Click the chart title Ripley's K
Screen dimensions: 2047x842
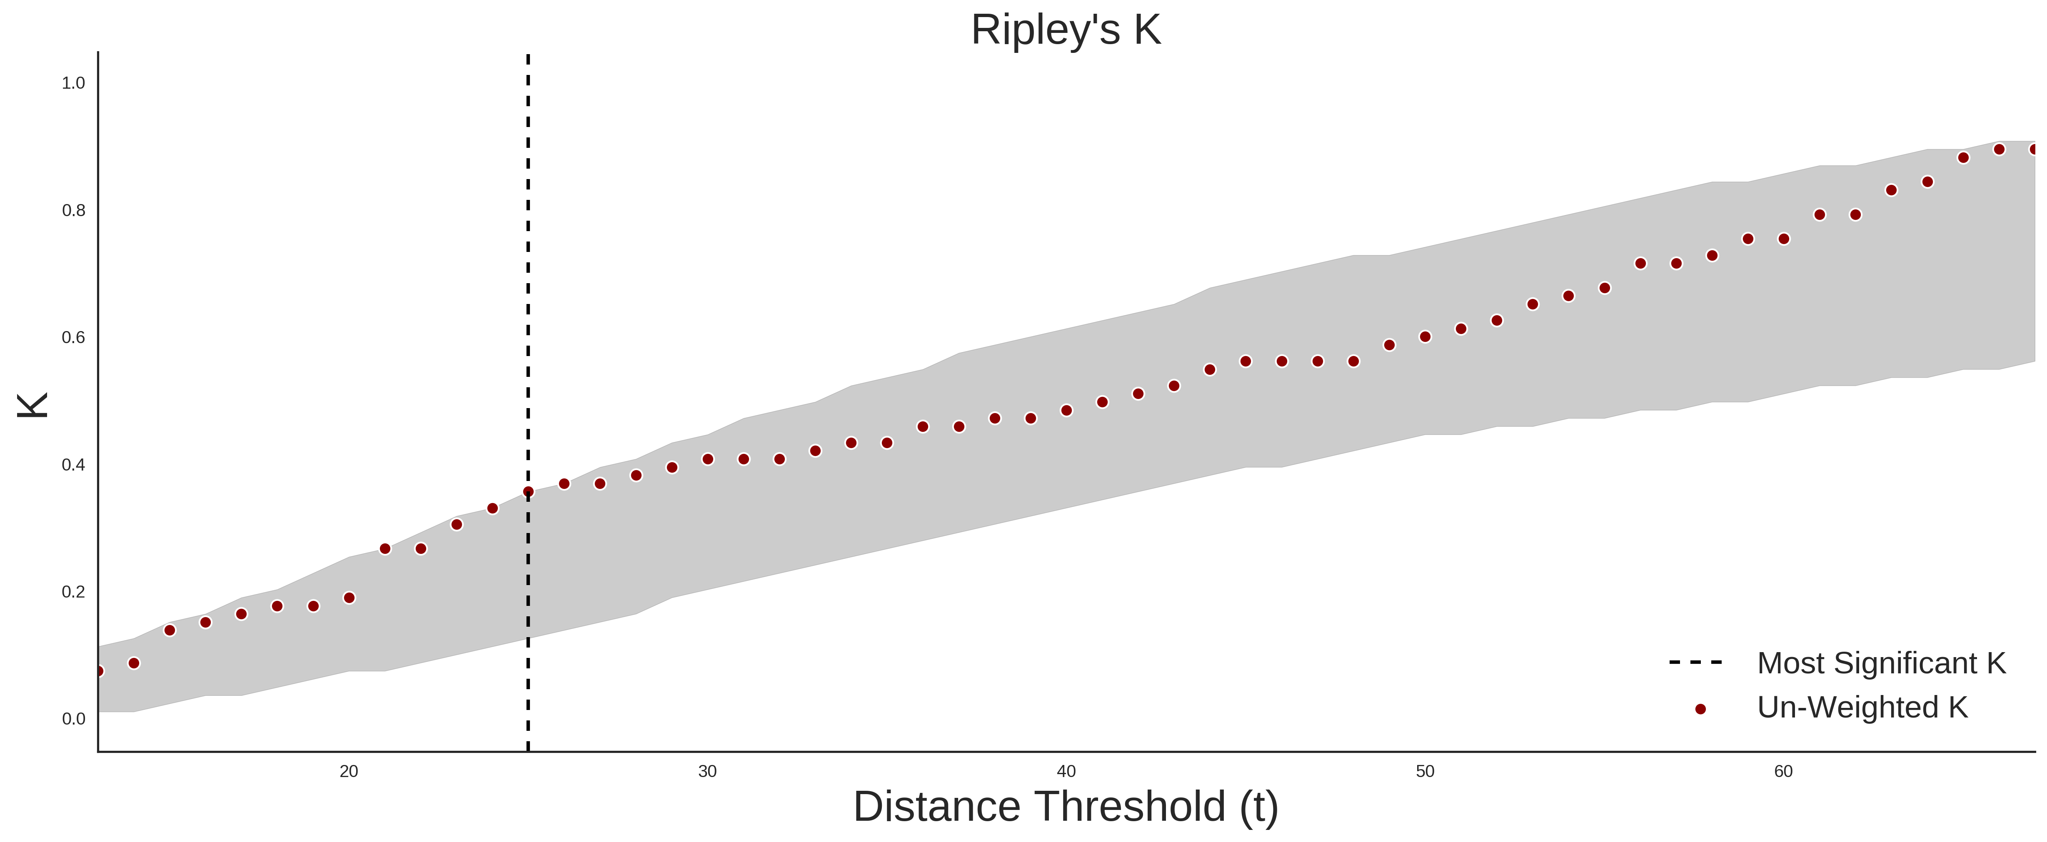(1066, 30)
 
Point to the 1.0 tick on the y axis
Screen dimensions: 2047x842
(73, 83)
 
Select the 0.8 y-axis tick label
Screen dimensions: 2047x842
(73, 211)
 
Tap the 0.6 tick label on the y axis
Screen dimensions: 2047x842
(73, 338)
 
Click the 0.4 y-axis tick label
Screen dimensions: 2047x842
(73, 465)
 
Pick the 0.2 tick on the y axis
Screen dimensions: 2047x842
(73, 592)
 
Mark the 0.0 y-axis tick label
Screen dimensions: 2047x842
(73, 719)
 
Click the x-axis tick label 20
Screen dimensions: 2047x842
(349, 771)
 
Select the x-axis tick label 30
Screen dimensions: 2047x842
(707, 771)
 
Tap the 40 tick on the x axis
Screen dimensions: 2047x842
(1066, 771)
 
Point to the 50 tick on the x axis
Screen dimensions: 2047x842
(1425, 771)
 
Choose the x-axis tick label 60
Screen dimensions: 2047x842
(1784, 771)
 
